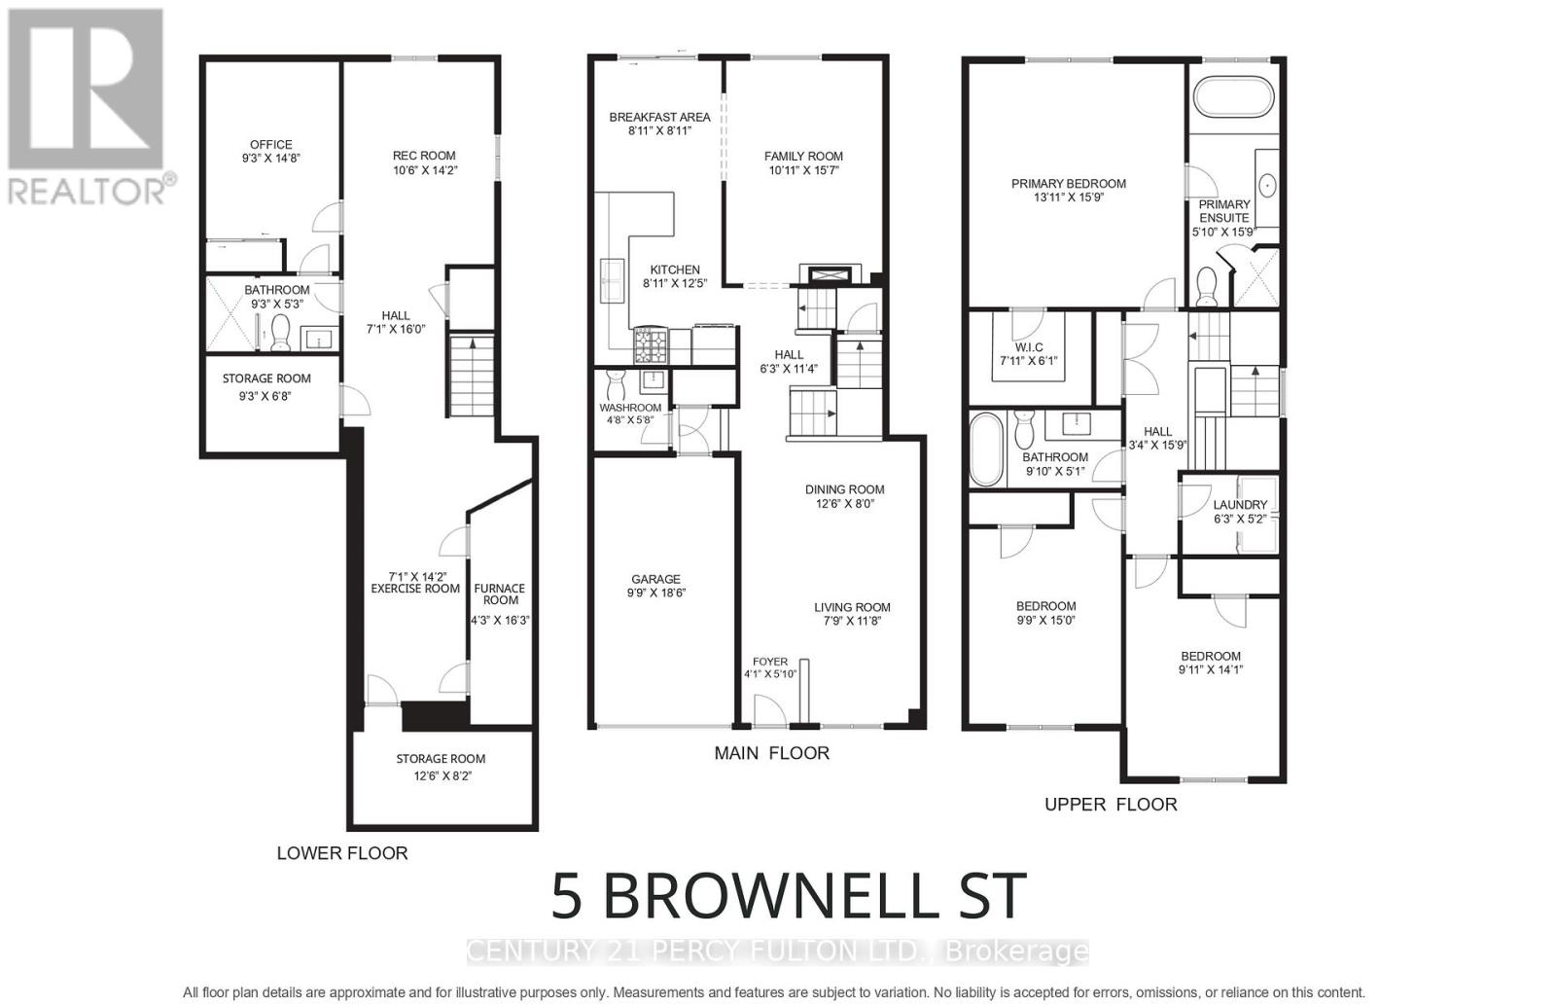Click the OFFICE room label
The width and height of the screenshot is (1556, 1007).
[x=270, y=144]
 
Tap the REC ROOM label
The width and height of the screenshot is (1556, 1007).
[x=424, y=156]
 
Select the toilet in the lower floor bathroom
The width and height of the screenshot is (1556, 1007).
[x=280, y=333]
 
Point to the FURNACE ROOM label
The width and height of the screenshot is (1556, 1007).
[x=500, y=593]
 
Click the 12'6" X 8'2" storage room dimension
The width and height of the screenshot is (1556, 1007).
[x=441, y=775]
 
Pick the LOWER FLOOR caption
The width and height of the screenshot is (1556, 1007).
[x=342, y=853]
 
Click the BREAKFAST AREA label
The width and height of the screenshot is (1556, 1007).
[x=659, y=117]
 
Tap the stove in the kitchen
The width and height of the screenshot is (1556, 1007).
[x=651, y=345]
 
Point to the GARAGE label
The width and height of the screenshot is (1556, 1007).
[x=655, y=579]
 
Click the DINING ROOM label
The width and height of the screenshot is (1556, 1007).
[x=844, y=490]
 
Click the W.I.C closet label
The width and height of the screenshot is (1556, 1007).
[x=1028, y=347]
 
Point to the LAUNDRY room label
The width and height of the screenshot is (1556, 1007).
[x=1240, y=505]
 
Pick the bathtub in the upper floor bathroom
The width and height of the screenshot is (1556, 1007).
[x=985, y=449]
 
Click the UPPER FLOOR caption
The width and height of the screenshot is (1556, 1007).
[x=1111, y=805]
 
